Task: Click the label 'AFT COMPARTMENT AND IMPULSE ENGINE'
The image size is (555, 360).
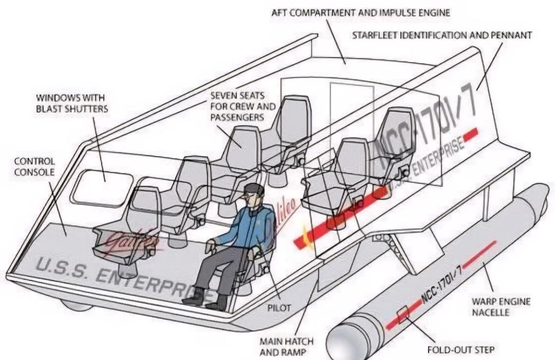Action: coord(360,12)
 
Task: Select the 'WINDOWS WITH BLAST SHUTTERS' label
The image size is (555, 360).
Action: coord(71,103)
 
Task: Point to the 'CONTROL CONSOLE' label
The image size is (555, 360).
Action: coord(34,166)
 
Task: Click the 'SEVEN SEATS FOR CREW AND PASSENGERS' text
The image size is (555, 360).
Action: coord(243,106)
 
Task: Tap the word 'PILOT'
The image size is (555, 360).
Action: coord(279,308)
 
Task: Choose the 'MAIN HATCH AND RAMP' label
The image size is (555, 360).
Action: coord(286,347)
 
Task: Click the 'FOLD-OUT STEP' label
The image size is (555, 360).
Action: coord(461,350)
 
